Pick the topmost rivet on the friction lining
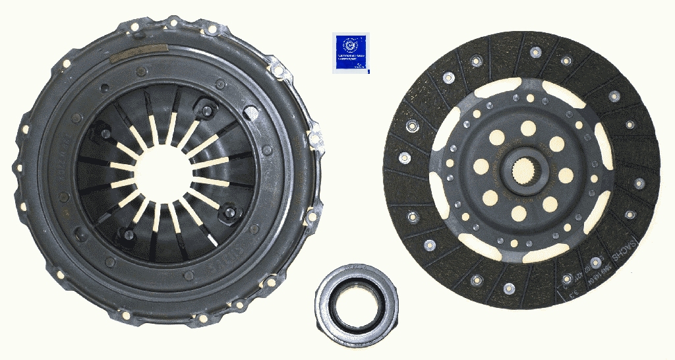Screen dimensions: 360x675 (x=535, y=51)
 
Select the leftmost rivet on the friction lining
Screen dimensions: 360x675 (x=404, y=157)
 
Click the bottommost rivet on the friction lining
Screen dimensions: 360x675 (x=509, y=288)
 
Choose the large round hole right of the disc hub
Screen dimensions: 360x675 (x=566, y=174)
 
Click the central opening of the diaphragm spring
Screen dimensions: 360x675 (x=165, y=175)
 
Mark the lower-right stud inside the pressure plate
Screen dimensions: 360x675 (x=230, y=212)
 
